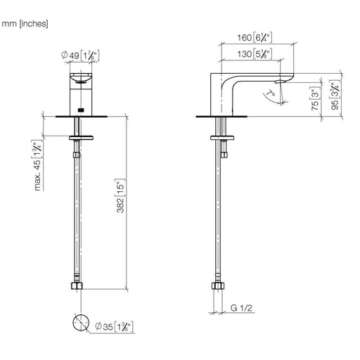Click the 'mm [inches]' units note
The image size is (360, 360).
pos(25,24)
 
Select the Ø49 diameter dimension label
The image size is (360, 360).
pos(80,56)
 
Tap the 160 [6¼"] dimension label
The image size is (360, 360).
pos(255,37)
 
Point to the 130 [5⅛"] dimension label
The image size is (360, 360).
pos(255,54)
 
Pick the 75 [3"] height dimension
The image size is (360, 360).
pos(316,99)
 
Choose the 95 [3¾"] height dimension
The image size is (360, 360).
pos(335,95)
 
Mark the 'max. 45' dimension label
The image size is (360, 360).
pos(37,165)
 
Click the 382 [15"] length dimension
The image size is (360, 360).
pos(120,196)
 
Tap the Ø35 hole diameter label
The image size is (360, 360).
pos(114,326)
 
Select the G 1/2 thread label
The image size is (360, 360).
pos(241,308)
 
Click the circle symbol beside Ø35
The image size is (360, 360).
pos(81,323)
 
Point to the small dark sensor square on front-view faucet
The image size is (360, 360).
pos(81,110)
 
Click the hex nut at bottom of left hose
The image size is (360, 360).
pos(77,286)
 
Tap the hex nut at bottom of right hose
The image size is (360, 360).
pos(218,286)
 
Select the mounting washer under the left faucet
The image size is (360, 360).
pos(81,138)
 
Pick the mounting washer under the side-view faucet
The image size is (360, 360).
pos(222,138)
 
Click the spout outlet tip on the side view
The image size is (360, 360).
pos(280,82)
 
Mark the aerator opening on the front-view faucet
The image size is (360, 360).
pos(81,82)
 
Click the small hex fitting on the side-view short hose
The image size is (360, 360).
pos(224,155)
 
